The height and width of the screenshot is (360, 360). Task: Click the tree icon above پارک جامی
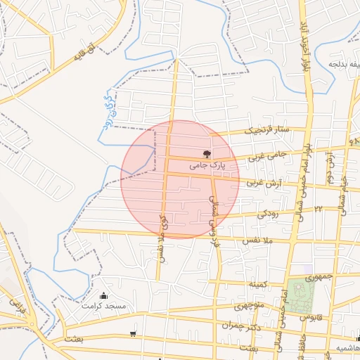click(x=207, y=153)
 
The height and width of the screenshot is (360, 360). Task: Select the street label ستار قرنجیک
click(x=266, y=129)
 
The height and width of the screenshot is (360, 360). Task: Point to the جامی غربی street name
click(x=267, y=150)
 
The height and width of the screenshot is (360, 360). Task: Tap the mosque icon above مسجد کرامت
click(x=104, y=295)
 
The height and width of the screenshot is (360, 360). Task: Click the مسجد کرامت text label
click(x=103, y=307)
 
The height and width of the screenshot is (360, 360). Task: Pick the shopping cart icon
click(x=133, y=333)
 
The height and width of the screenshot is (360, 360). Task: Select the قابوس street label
click(x=310, y=317)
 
